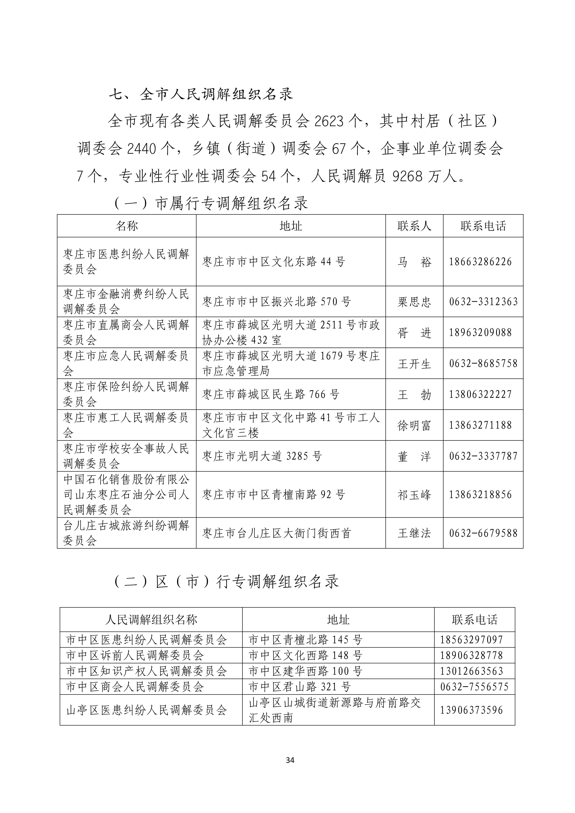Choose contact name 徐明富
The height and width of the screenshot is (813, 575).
point(414,425)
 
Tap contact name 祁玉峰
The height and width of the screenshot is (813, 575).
point(414,495)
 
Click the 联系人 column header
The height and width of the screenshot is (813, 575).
point(414,226)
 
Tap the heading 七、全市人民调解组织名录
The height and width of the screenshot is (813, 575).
point(201,94)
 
